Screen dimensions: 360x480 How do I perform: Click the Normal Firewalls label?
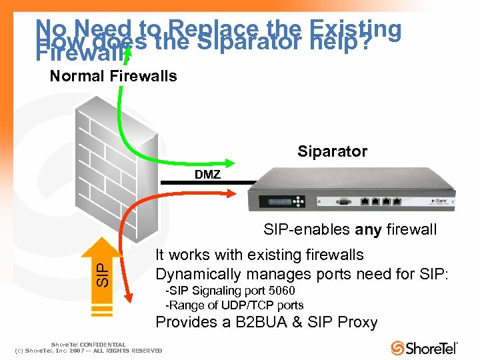pyautogui.click(x=113, y=76)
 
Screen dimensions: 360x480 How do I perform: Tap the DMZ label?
pyautogui.click(x=207, y=175)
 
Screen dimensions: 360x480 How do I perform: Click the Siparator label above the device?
pyautogui.click(x=332, y=151)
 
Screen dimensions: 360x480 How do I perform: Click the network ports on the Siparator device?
pyautogui.click(x=381, y=199)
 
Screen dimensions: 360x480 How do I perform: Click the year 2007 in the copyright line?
pyautogui.click(x=75, y=351)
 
